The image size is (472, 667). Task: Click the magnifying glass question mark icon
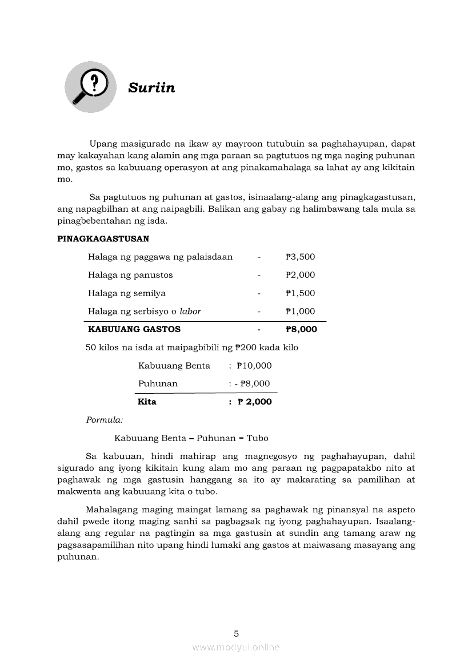click(x=90, y=87)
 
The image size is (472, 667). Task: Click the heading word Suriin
click(x=151, y=88)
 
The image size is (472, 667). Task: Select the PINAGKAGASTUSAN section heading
click(x=103, y=238)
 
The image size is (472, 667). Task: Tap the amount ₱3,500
click(x=301, y=257)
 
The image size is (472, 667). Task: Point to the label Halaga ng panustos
click(x=130, y=275)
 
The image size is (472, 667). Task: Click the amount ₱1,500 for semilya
click(x=301, y=293)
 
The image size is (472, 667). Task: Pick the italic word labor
click(x=190, y=312)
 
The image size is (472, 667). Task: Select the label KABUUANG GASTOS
click(x=134, y=329)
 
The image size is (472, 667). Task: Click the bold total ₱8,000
click(x=301, y=329)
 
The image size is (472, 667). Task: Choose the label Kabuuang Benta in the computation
click(x=174, y=366)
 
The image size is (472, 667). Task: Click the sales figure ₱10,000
click(x=254, y=366)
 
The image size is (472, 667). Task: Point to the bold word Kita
click(x=147, y=402)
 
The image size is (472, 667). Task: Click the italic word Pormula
click(x=105, y=420)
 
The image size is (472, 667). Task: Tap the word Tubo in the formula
click(x=258, y=438)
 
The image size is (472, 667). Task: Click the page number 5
click(x=236, y=633)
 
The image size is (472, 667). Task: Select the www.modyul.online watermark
click(x=236, y=647)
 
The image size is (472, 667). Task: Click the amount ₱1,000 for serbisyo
click(x=301, y=312)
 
